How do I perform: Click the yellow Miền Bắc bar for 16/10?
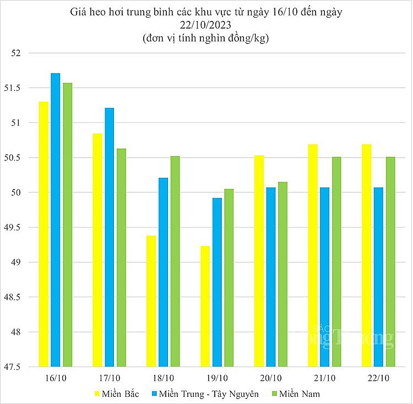click(44, 234)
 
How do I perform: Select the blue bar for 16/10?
click(56, 220)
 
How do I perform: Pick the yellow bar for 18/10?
click(151, 301)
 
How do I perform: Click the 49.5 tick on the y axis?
click(17, 228)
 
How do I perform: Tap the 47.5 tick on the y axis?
click(17, 367)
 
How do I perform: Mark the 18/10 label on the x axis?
click(163, 378)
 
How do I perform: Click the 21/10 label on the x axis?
click(325, 378)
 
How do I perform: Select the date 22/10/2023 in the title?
click(205, 25)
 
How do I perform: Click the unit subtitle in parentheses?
click(205, 39)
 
